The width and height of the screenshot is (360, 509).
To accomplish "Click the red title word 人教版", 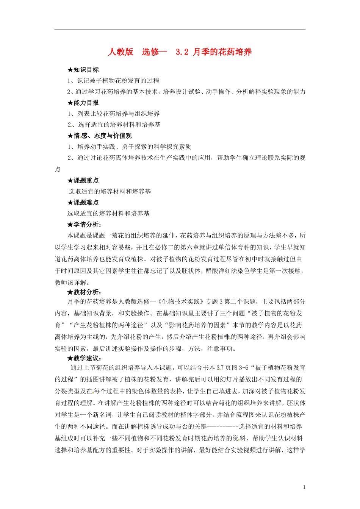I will (x=121, y=52).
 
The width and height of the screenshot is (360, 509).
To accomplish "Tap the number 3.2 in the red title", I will (x=182, y=52).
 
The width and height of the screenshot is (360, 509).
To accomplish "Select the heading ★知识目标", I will (x=83, y=70).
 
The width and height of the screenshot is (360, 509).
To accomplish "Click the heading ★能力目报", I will (x=83, y=103).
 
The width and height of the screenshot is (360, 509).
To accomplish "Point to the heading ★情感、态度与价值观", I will (x=100, y=136).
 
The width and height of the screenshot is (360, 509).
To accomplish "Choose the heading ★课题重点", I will (x=83, y=181).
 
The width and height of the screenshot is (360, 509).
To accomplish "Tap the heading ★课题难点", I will (x=83, y=203).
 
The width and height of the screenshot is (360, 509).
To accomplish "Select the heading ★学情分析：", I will (x=85, y=225).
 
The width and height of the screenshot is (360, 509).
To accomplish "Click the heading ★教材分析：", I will (x=85, y=292).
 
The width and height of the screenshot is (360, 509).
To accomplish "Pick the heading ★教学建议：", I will (x=85, y=358).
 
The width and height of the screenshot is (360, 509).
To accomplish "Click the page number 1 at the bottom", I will (x=304, y=487).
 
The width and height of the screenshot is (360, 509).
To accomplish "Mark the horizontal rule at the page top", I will (x=180, y=29).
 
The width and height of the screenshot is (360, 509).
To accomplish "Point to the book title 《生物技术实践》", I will (x=180, y=302).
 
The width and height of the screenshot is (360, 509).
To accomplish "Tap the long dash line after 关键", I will (x=223, y=427).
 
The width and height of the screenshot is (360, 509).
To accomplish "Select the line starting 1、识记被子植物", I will (x=113, y=81).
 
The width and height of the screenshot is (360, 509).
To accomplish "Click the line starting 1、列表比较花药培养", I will (x=114, y=114).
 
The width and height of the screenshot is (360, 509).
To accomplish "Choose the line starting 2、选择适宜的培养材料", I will (x=114, y=125).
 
